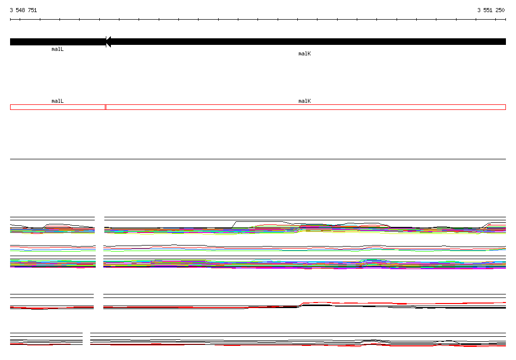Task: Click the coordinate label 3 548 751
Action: [23, 10]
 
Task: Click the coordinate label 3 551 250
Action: [491, 10]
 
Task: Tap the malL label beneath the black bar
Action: [57, 49]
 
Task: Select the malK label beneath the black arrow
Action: [304, 53]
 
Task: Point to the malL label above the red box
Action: [57, 101]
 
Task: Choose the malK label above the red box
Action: [304, 101]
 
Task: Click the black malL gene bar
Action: [58, 42]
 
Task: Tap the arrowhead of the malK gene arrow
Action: [108, 42]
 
